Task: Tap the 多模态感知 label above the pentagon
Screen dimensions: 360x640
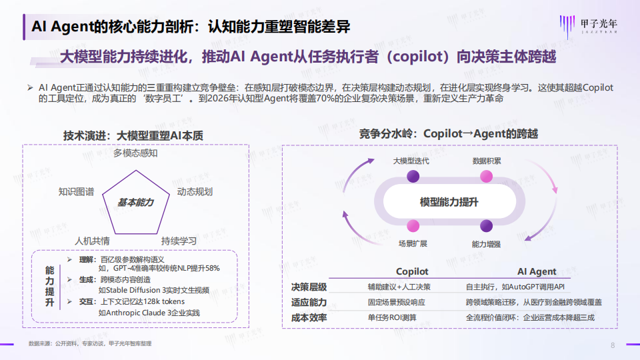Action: pyautogui.click(x=135, y=153)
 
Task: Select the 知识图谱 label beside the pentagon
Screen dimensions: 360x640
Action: pyautogui.click(x=76, y=192)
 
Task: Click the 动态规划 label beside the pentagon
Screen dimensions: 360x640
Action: pyautogui.click(x=195, y=192)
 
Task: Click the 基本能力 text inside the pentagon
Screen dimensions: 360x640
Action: pyautogui.click(x=135, y=202)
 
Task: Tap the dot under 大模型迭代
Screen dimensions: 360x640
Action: pyautogui.click(x=413, y=176)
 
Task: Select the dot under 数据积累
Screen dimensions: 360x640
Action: pyautogui.click(x=487, y=176)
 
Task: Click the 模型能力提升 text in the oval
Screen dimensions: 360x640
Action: pyautogui.click(x=449, y=201)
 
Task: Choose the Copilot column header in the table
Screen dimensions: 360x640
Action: pyautogui.click(x=412, y=272)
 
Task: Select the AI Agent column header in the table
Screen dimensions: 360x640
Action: pyautogui.click(x=537, y=272)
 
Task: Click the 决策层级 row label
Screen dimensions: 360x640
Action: pyautogui.click(x=309, y=287)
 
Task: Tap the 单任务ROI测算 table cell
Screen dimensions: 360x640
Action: pyautogui.click(x=393, y=317)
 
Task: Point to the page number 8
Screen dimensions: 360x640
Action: pyautogui.click(x=613, y=345)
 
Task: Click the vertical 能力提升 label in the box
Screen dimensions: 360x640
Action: pyautogui.click(x=49, y=287)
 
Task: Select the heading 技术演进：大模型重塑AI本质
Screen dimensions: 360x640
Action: pyautogui.click(x=133, y=135)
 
